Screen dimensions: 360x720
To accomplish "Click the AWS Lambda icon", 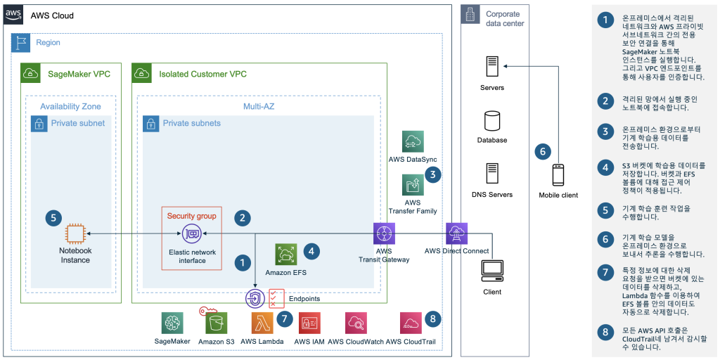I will [262, 323].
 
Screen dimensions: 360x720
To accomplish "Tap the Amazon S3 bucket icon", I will [216, 323].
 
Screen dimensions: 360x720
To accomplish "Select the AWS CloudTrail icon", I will [411, 323].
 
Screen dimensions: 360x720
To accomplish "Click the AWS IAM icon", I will [310, 323].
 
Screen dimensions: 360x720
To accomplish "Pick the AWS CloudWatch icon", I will [356, 323].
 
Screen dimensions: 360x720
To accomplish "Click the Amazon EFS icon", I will [286, 255].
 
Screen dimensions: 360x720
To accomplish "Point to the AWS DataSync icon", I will [413, 141].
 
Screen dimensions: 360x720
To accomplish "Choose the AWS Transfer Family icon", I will [413, 185].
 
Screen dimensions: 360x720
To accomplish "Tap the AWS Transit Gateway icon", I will [384, 233].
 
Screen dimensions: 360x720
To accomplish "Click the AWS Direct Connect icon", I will [456, 233].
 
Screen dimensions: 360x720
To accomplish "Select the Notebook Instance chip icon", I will [75, 234].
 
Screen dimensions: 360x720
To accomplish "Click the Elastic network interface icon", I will [191, 234].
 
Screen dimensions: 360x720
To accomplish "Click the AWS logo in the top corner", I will [13, 15].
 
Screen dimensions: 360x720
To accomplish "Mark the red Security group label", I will [191, 216].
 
